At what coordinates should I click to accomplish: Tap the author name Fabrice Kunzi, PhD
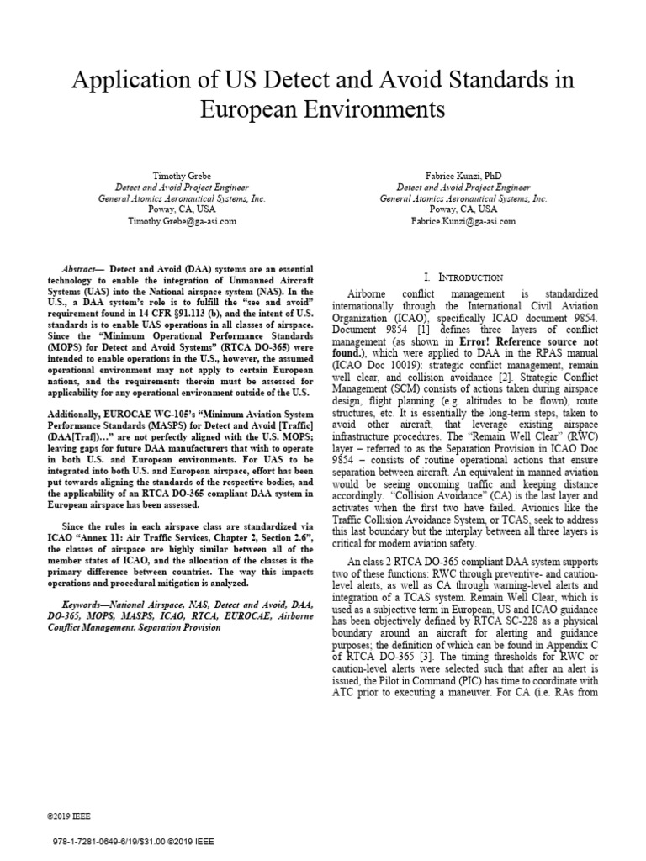[x=463, y=177]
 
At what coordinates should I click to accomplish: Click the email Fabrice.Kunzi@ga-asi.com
[x=463, y=221]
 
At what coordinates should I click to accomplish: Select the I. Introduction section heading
[x=463, y=277]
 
